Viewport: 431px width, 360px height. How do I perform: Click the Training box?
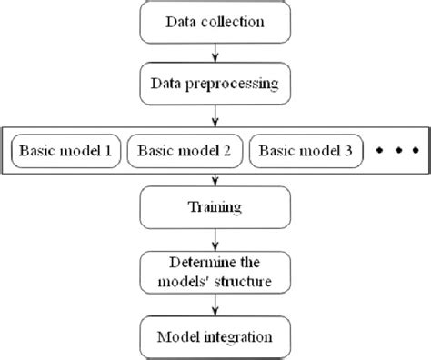point(215,207)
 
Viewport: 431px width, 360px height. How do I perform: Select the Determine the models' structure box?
point(215,272)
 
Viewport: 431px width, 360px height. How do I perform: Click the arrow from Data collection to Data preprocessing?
point(215,52)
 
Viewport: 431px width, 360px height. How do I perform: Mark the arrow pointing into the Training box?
point(215,179)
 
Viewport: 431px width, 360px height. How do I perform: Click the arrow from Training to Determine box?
point(215,239)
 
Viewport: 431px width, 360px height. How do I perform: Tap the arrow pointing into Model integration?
point(215,305)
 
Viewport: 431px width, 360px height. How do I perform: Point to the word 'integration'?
point(240,336)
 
